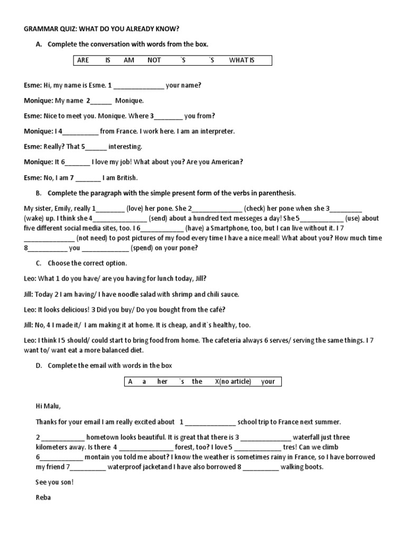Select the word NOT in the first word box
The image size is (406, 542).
click(x=154, y=60)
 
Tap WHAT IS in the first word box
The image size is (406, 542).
click(x=242, y=60)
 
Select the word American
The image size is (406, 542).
click(x=227, y=162)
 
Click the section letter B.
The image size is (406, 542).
click(x=39, y=193)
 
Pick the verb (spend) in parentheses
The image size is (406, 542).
click(x=144, y=248)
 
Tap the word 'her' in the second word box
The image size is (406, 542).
click(x=162, y=381)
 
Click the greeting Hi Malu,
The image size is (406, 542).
click(x=48, y=406)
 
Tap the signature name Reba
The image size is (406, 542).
click(x=43, y=498)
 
